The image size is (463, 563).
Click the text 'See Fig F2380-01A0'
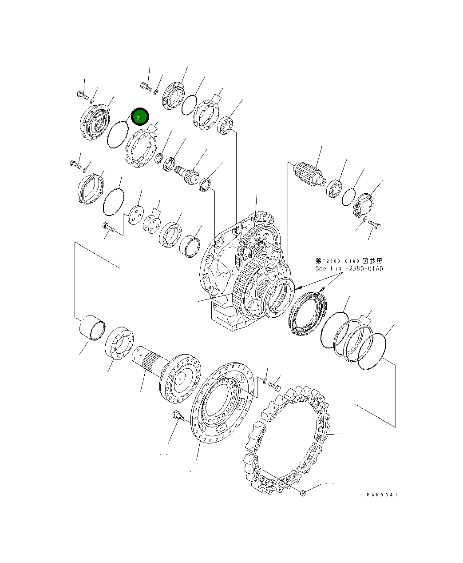click(348, 268)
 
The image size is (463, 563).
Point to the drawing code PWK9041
click(382, 495)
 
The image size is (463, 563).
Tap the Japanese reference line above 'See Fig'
click(348, 261)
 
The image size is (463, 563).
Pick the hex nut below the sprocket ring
click(303, 492)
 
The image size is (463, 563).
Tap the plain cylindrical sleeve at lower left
click(92, 328)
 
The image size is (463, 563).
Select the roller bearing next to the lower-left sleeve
click(119, 343)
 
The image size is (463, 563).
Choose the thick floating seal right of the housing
click(307, 313)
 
